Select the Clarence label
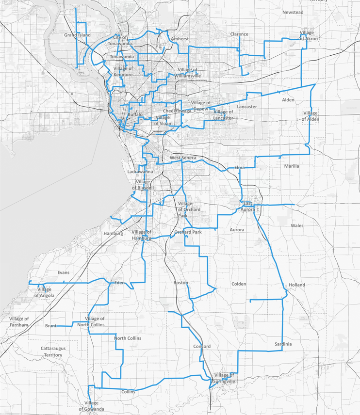pyautogui.click(x=239, y=34)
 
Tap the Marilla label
pyautogui.click(x=292, y=166)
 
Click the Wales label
pyautogui.click(x=297, y=226)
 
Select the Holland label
pyautogui.click(x=296, y=285)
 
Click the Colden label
pyautogui.click(x=239, y=284)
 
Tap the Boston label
pyautogui.click(x=180, y=282)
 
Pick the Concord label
pyautogui.click(x=202, y=347)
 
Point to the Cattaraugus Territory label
pyautogui.click(x=51, y=351)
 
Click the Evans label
pyautogui.click(x=63, y=272)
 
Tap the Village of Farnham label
pyautogui.click(x=19, y=321)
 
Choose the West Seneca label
pyautogui.click(x=182, y=159)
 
